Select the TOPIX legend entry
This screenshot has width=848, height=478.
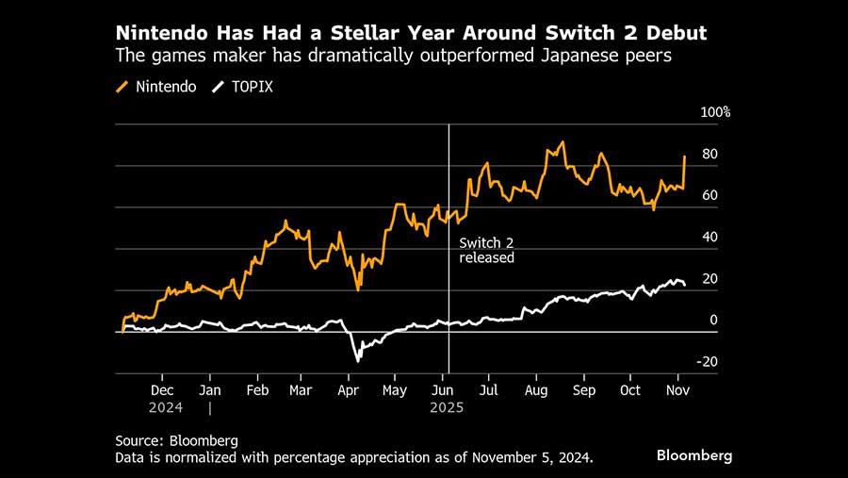[239, 86]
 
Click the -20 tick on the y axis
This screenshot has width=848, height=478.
[707, 362]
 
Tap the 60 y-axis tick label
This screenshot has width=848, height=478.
[709, 195]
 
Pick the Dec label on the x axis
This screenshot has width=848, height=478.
[162, 389]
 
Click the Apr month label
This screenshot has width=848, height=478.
[349, 389]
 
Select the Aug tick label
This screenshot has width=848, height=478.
[536, 389]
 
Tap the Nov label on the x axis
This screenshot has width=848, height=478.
[677, 389]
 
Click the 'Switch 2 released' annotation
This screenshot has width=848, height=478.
[486, 250]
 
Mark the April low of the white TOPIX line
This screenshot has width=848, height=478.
[358, 360]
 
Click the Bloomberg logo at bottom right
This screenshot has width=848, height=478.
[693, 455]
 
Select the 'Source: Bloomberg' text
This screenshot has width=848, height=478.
[176, 440]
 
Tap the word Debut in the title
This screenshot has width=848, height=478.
[673, 34]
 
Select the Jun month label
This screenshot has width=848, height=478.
[442, 389]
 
